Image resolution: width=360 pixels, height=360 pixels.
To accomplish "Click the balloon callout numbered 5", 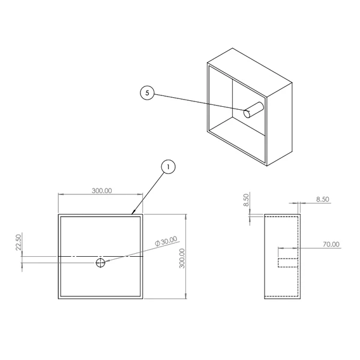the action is tap(147, 93).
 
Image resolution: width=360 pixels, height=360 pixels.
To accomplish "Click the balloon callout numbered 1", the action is tap(168, 167).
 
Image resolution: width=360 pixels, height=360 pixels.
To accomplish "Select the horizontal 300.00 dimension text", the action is tap(102, 191).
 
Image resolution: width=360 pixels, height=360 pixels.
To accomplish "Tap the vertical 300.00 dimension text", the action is tap(182, 258).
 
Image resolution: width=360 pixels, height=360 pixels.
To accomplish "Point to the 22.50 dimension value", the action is tap(19, 242).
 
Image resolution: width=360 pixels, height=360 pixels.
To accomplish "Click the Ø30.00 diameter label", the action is tap(166, 241).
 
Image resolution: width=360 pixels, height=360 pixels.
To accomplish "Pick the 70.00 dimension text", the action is tap(331, 244).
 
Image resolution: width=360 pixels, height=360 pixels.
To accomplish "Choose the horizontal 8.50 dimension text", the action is tap(323, 199).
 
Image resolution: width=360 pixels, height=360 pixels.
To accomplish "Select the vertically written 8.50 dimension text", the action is tap(246, 200).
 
